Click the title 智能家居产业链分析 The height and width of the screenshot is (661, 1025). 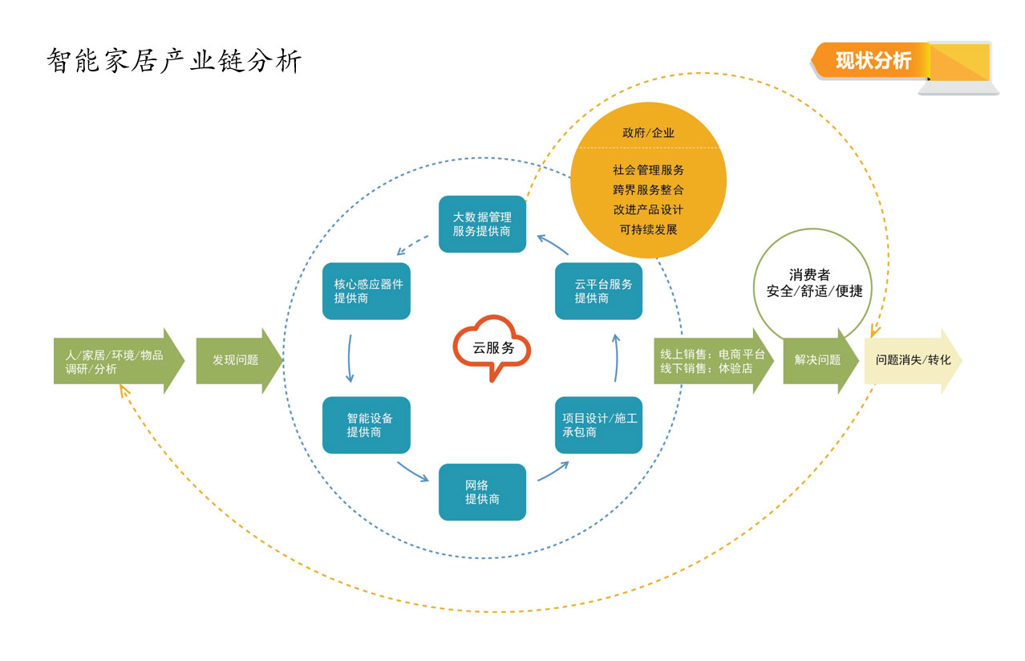[174, 61]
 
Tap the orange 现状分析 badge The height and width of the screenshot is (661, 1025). [873, 61]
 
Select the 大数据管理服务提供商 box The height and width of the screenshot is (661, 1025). [482, 224]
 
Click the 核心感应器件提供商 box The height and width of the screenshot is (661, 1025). [367, 291]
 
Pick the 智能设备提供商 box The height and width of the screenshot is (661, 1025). [367, 425]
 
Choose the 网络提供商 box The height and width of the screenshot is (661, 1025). [482, 492]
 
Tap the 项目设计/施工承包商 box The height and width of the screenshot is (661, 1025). [598, 425]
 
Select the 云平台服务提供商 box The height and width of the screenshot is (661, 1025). [598, 291]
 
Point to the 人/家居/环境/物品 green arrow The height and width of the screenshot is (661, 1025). [117, 361]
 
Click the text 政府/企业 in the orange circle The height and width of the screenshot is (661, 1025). [648, 133]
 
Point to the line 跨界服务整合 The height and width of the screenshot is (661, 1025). [648, 190]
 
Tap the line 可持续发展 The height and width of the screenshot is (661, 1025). [648, 229]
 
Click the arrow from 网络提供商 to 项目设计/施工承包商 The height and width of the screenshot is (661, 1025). [553, 471]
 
